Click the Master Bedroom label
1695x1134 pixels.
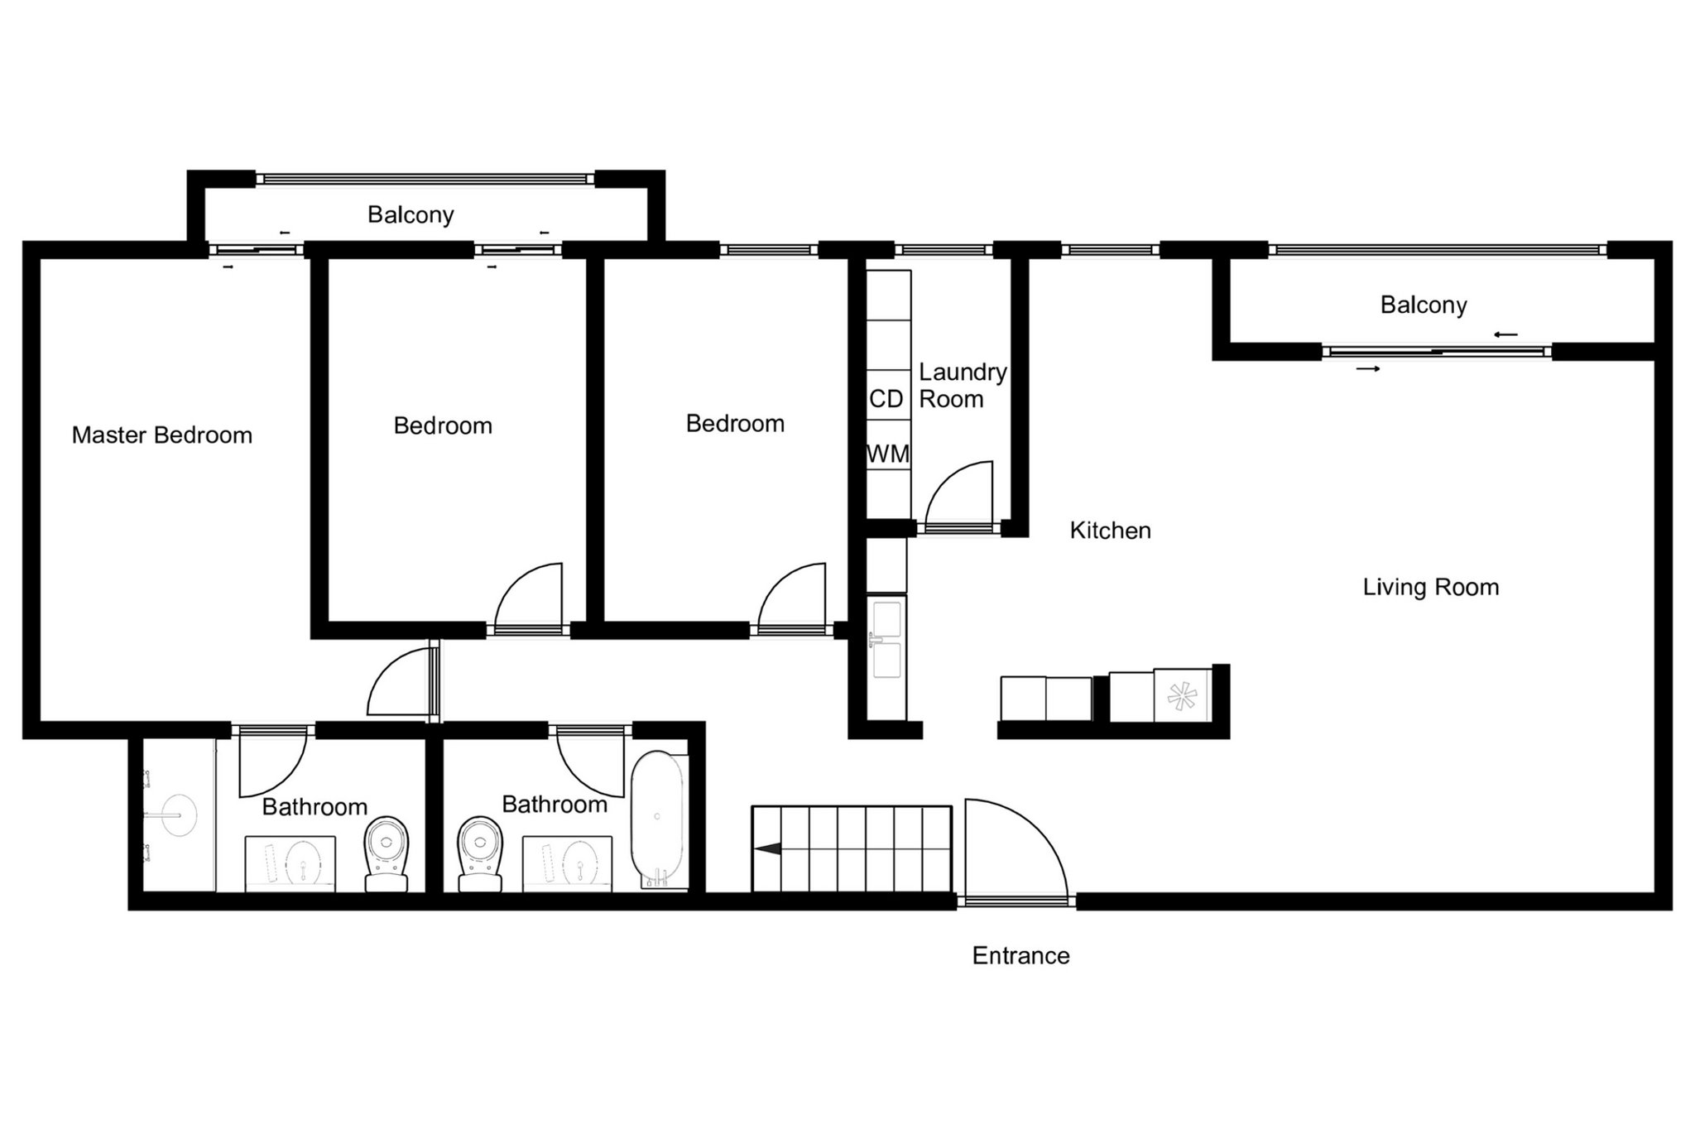[x=162, y=435]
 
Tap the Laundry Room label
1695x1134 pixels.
[x=963, y=386]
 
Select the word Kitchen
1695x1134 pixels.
[x=1110, y=531]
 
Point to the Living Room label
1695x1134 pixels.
[x=1431, y=588]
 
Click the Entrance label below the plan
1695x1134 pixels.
[x=1020, y=956]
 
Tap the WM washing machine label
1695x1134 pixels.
[x=888, y=454]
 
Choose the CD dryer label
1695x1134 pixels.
[x=886, y=399]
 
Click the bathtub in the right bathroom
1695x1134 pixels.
[x=658, y=819]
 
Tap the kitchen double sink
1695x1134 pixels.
[x=886, y=638]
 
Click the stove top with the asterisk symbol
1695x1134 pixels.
[x=1182, y=695]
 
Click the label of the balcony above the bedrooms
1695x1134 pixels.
[x=411, y=215]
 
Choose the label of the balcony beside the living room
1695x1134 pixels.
[x=1424, y=305]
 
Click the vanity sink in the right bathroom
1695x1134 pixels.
[x=568, y=863]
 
